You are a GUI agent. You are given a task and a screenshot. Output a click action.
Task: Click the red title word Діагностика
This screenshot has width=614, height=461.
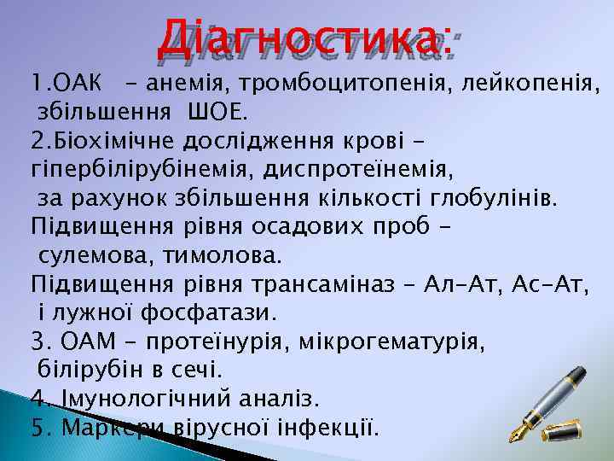(304, 35)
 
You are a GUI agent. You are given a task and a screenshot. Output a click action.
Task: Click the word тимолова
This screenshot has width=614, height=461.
(212, 255)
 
